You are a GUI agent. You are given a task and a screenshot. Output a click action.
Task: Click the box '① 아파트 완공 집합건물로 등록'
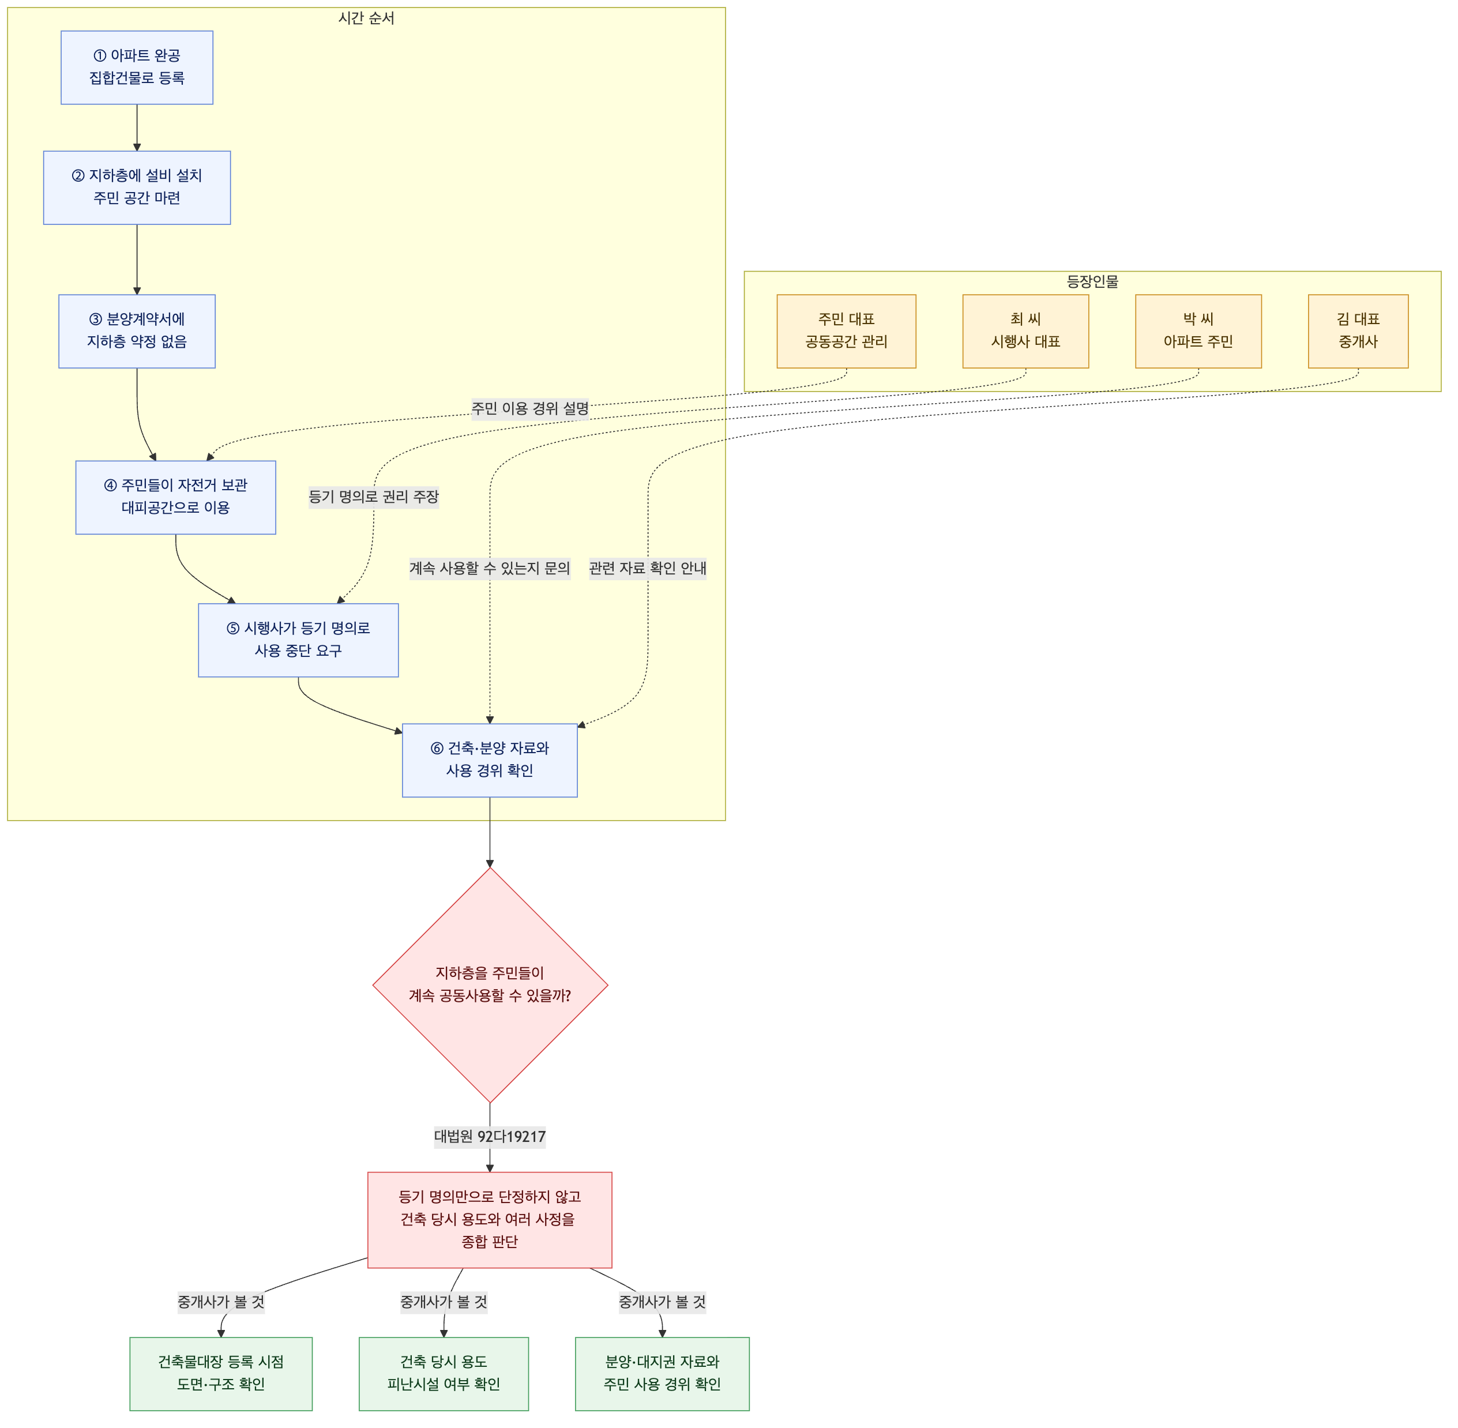137,67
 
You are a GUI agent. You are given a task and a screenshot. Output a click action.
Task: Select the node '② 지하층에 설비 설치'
137,187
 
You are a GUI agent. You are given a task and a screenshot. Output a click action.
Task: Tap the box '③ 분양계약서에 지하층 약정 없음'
137,332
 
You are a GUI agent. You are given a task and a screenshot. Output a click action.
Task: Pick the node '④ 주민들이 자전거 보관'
175,497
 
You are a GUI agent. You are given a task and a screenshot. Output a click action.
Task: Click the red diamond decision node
490,984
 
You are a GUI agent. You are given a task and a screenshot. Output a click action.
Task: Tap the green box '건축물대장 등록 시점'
221,1373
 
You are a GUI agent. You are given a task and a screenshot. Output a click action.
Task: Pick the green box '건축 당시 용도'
444,1373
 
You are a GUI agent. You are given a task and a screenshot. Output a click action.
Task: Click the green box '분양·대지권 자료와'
662,1373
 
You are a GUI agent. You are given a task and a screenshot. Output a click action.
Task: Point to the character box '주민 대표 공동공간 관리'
847,332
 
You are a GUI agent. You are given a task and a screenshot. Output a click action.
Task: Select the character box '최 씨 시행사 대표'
1026,332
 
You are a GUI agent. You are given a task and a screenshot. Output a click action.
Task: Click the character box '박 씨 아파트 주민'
1198,332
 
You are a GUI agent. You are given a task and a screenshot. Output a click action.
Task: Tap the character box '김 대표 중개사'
1358,332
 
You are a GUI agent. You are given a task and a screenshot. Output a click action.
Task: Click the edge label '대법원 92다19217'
490,1136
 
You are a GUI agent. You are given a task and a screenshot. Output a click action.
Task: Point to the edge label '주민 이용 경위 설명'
530,409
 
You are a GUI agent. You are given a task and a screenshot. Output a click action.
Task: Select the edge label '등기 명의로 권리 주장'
374,497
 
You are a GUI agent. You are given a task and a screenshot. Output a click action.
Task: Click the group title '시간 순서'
366,18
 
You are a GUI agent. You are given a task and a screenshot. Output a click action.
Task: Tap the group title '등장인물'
1093,282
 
